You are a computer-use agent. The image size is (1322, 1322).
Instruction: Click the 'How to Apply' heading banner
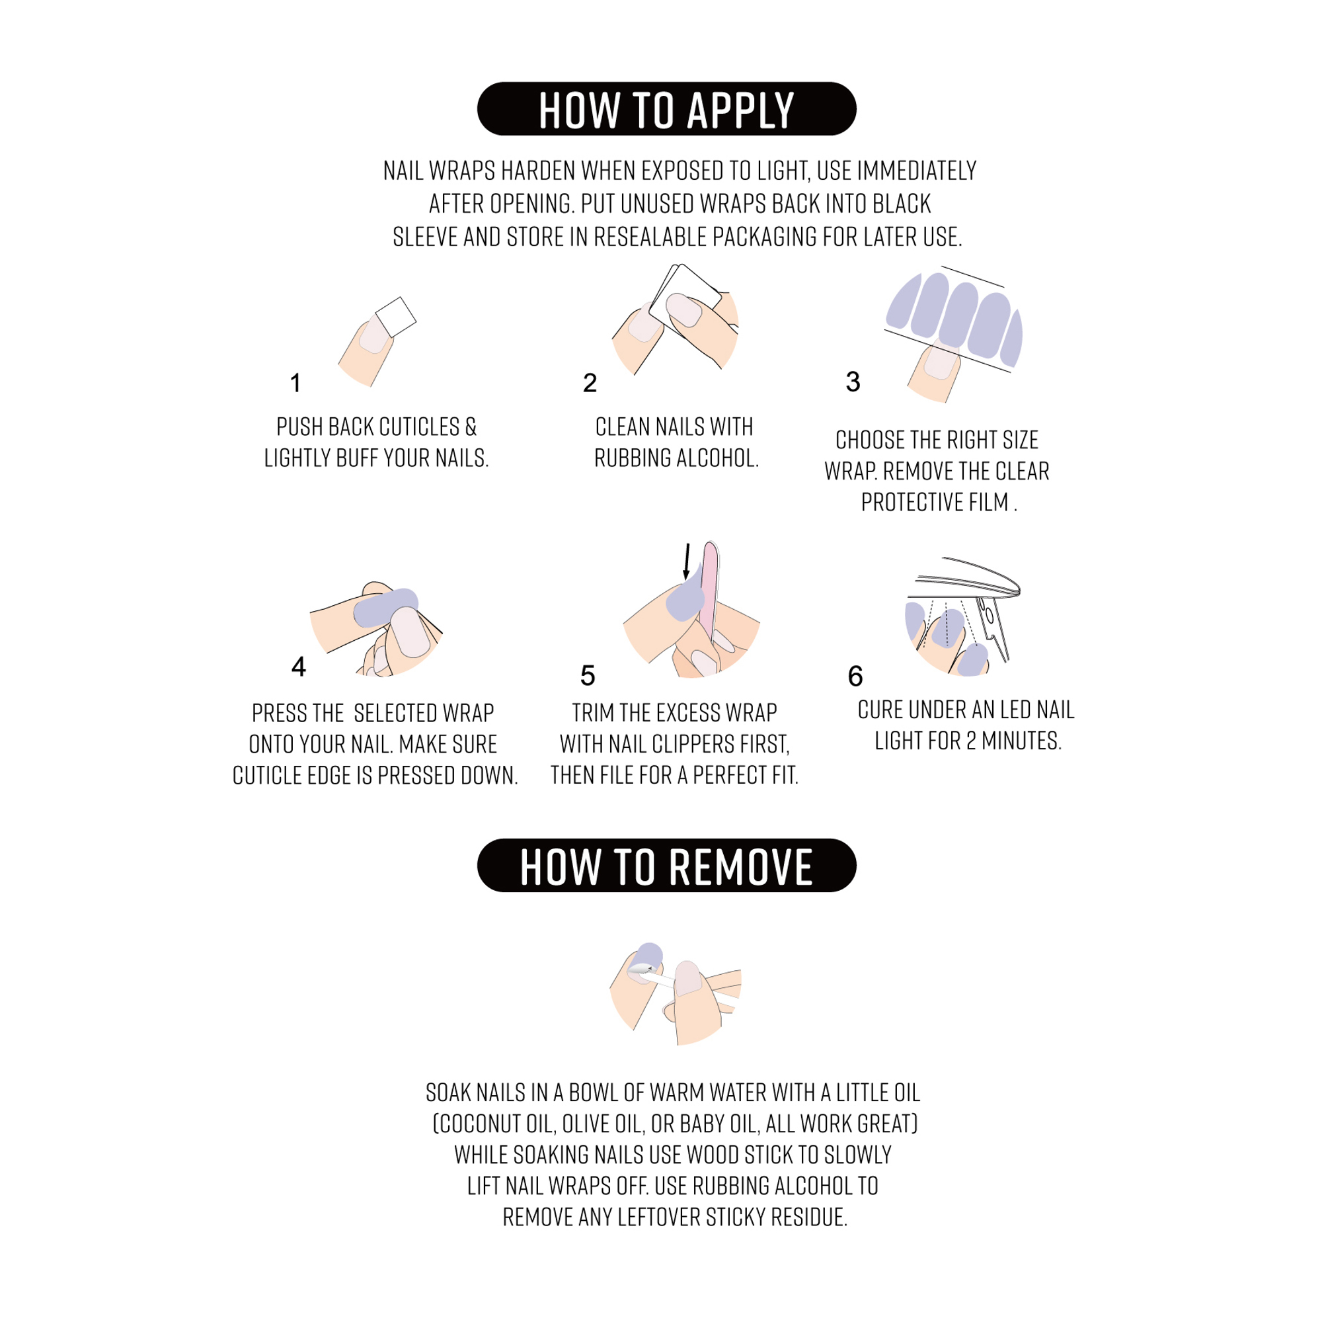tap(666, 109)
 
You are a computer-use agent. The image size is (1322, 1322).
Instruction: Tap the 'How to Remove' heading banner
tap(666, 866)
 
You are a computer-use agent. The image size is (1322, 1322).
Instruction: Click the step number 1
tap(295, 383)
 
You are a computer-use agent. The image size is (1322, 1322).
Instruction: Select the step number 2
tap(590, 383)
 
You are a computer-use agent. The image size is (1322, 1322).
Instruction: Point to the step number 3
tap(853, 382)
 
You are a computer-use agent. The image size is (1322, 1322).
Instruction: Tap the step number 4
tap(298, 666)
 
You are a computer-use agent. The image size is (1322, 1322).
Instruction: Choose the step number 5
tap(588, 675)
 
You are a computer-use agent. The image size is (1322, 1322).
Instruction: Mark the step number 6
tap(855, 676)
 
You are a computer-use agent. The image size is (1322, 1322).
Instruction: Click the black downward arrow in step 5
tap(687, 561)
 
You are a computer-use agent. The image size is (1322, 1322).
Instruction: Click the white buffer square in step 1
tap(396, 316)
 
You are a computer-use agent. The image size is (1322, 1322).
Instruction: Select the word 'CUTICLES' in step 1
tap(419, 427)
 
